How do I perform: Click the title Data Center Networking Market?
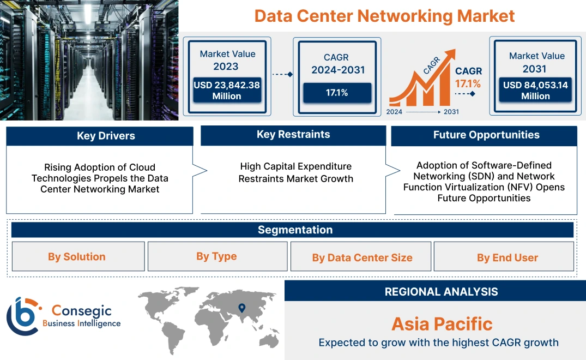pos(384,16)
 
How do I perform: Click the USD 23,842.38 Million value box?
pos(226,91)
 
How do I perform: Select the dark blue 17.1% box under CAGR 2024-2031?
pos(337,93)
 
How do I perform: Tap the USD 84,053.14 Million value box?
pos(535,91)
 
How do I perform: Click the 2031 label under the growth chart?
pos(451,111)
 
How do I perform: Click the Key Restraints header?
pos(293,135)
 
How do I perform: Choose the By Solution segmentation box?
pos(77,256)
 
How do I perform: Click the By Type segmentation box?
pos(216,256)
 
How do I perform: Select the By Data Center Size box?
pos(362,257)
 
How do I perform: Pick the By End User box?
pos(507,257)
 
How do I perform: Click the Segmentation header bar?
pos(294,230)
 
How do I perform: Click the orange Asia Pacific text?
pos(442,324)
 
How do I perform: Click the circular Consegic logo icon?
pos(23,316)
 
